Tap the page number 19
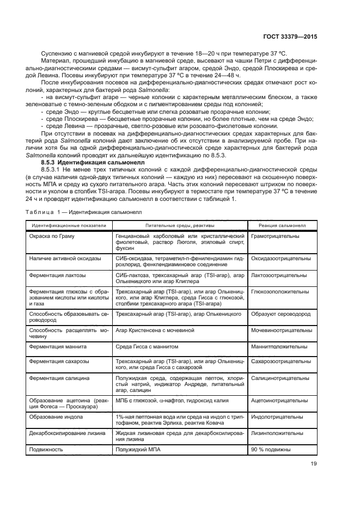(313, 464)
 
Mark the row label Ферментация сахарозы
(60, 361)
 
